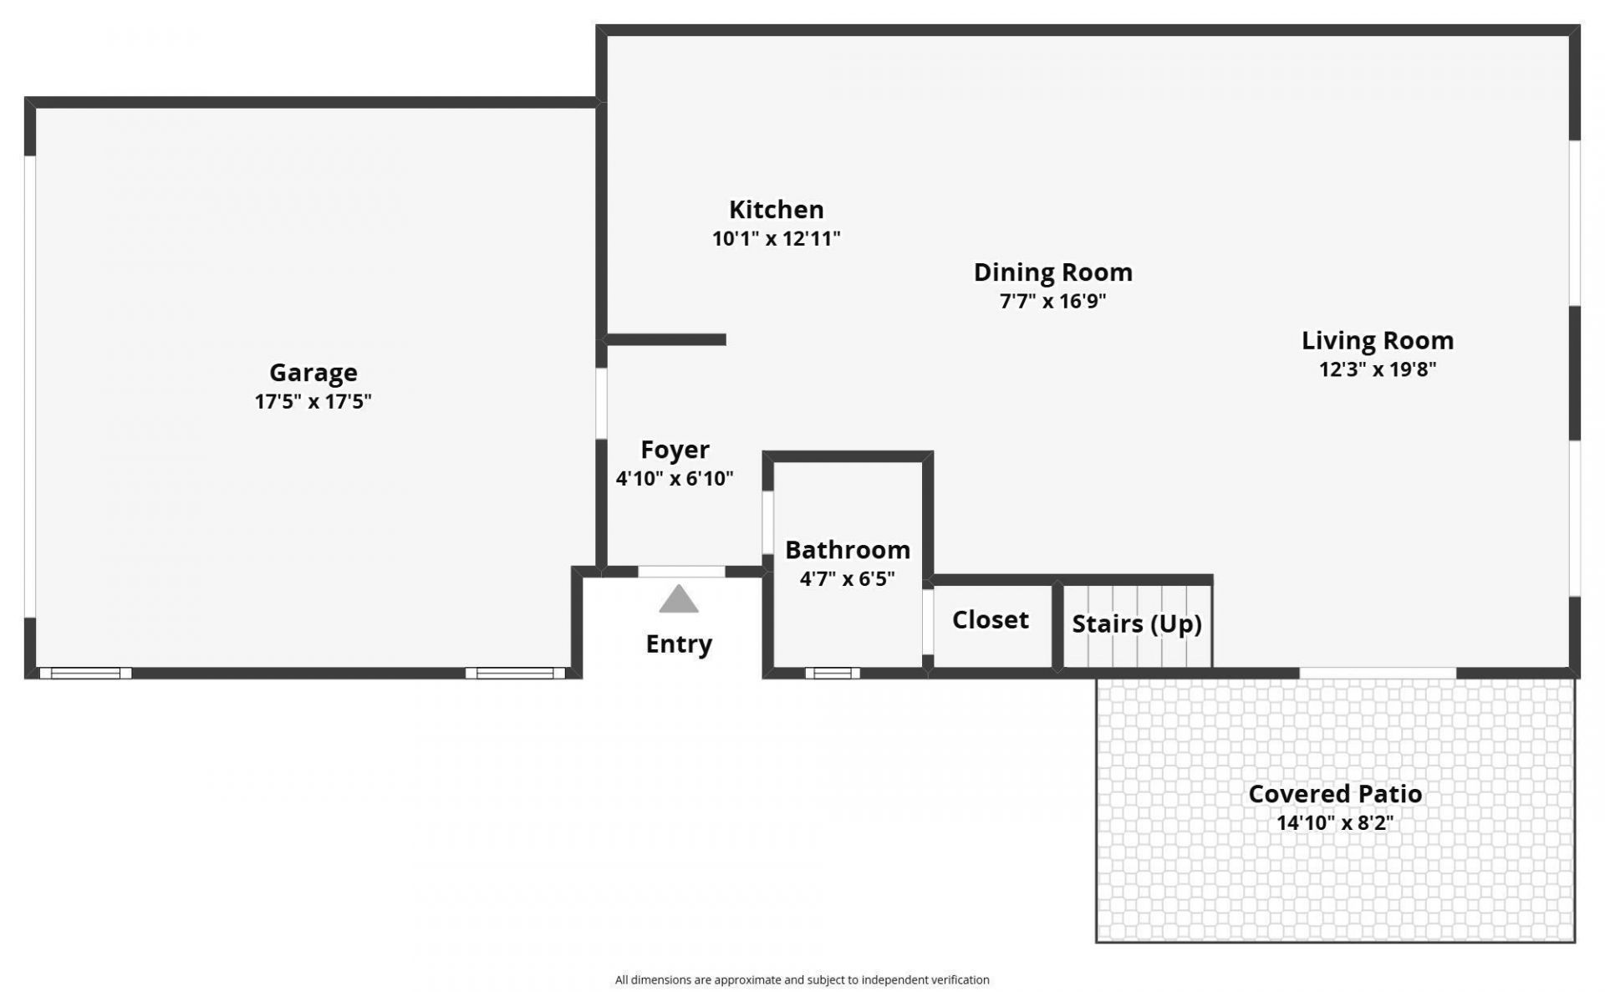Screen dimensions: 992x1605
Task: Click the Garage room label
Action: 313,373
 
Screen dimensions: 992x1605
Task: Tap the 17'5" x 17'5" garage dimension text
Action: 313,402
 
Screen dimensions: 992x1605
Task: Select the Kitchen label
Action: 776,210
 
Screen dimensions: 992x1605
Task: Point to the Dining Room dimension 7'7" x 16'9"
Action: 1052,302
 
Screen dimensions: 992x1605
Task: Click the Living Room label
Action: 1377,341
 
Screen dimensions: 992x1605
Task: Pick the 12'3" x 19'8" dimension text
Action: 1377,369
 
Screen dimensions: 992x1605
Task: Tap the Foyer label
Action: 675,450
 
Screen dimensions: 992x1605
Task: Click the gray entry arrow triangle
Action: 678,600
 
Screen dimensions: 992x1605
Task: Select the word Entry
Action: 678,644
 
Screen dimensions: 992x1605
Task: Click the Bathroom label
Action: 847,551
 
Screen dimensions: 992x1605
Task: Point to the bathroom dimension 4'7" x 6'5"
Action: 847,579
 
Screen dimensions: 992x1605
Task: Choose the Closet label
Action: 990,620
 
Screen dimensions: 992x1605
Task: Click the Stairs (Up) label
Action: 1136,624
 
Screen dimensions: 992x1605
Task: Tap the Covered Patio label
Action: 1334,794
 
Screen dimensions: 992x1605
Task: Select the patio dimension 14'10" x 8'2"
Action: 1334,823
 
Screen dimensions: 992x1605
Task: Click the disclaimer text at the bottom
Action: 802,980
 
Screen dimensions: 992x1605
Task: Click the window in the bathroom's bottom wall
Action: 832,673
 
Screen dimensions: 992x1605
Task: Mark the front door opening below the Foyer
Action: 681,572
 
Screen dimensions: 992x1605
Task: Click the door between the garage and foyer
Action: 601,404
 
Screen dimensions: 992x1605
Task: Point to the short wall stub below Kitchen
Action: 665,339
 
